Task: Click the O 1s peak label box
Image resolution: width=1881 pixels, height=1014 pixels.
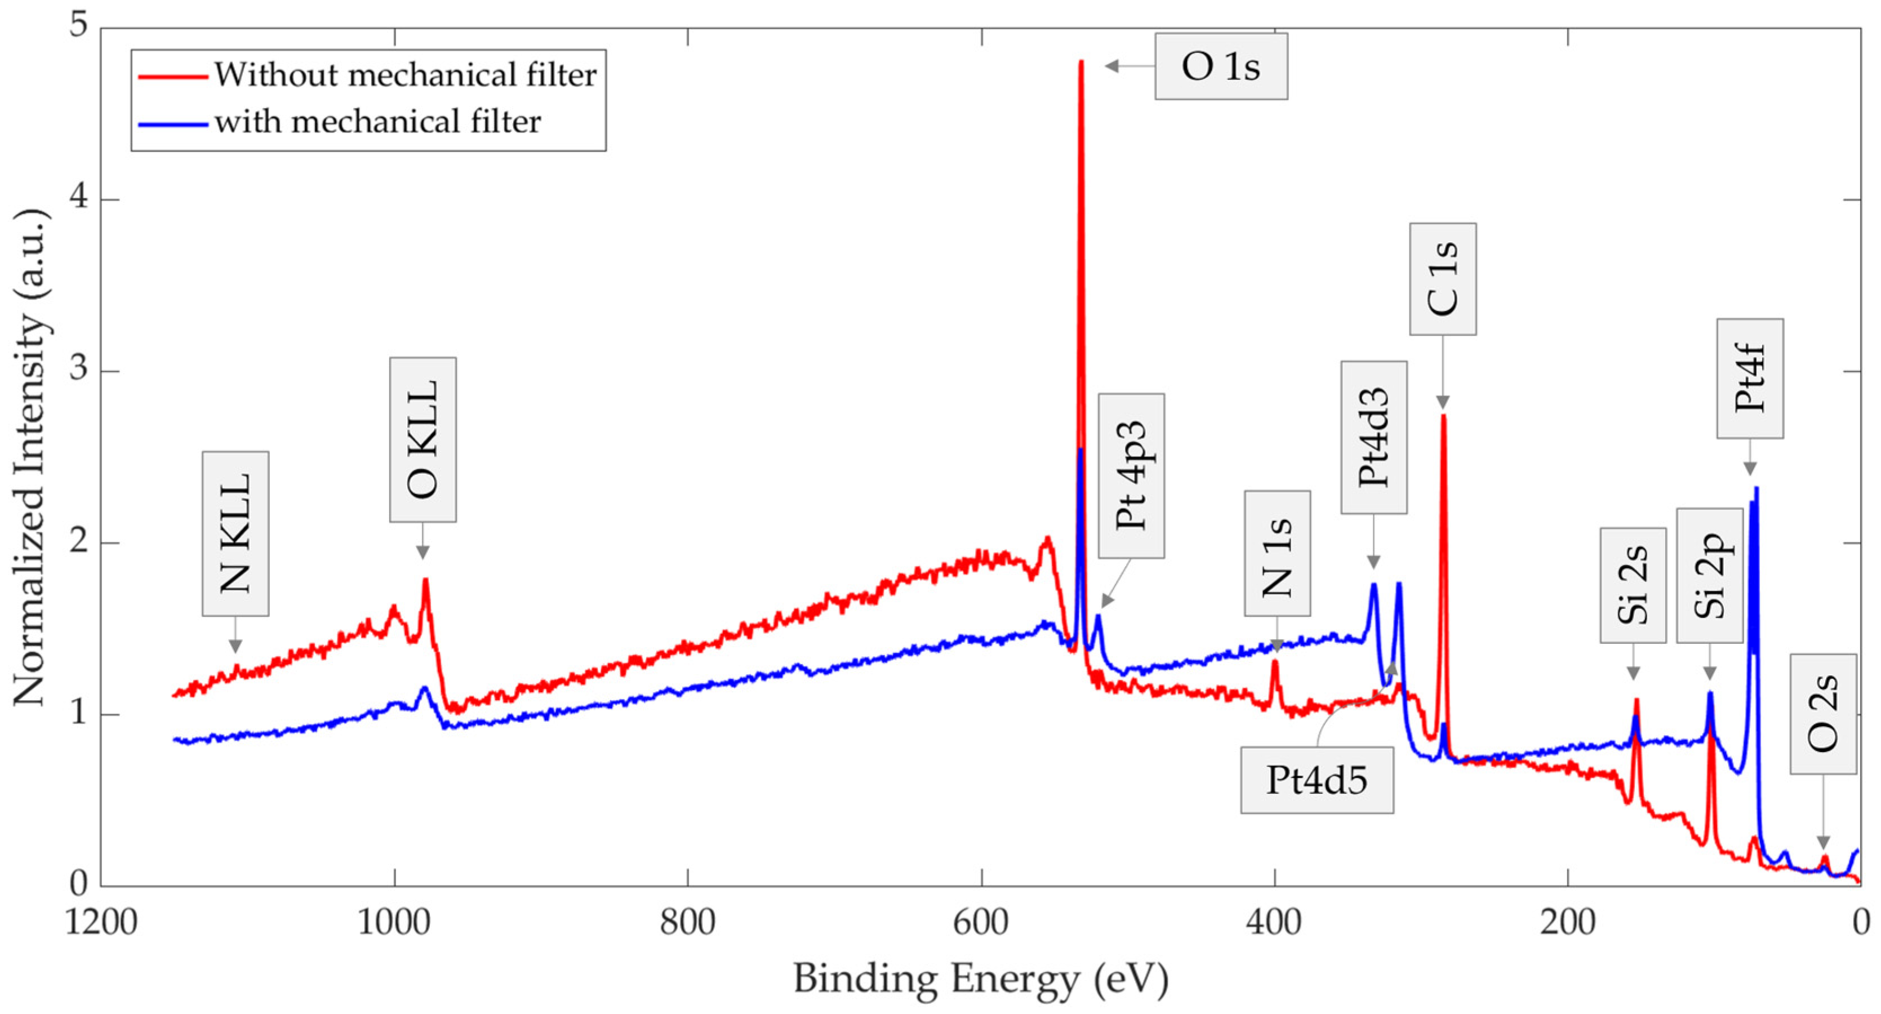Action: tap(1220, 66)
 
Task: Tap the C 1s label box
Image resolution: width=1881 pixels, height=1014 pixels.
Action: tap(1442, 279)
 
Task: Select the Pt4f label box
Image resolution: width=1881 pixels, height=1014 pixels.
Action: tap(1750, 378)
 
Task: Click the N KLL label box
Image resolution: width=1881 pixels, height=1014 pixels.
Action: tap(235, 533)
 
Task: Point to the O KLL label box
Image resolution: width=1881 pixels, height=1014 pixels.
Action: tap(423, 439)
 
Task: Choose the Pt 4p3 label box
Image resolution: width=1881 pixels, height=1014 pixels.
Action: tap(1131, 476)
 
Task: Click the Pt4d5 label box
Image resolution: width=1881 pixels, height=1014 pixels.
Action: tap(1317, 780)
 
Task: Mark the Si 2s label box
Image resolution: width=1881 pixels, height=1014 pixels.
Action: tap(1633, 585)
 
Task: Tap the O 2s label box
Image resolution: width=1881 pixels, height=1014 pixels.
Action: tap(1822, 714)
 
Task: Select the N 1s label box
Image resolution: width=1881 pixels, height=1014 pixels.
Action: tap(1277, 553)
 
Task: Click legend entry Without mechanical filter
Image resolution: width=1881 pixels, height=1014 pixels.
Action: tap(404, 75)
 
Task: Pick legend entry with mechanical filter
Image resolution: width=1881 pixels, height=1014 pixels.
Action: tap(377, 122)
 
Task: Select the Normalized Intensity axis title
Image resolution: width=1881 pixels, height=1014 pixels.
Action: tap(30, 459)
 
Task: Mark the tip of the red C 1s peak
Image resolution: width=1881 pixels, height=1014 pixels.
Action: tap(1443, 416)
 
